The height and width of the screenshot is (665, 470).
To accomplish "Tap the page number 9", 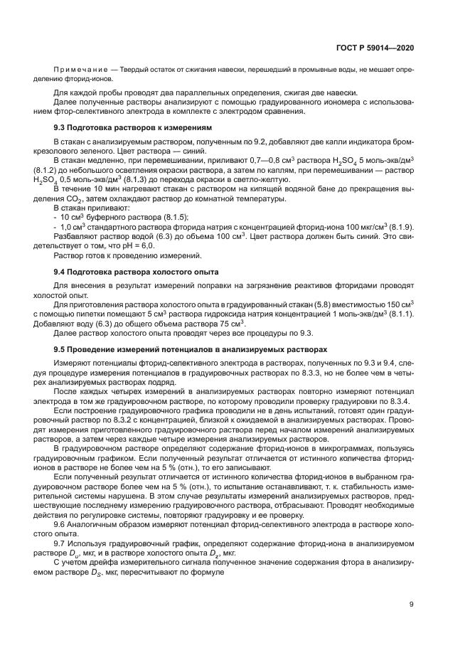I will [412, 605].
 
